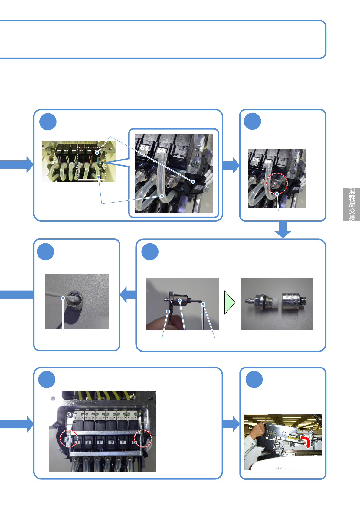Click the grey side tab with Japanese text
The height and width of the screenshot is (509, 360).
click(x=351, y=205)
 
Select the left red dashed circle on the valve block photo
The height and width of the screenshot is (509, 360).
click(x=69, y=438)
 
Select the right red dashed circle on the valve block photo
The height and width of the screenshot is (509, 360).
click(x=142, y=438)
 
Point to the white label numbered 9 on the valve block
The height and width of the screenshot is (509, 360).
click(x=100, y=442)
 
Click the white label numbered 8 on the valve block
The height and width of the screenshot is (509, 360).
click(x=88, y=442)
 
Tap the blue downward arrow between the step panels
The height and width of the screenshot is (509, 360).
click(x=283, y=229)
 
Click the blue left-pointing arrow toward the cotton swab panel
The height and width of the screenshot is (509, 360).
click(x=128, y=294)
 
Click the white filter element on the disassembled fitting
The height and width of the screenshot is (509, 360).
click(x=276, y=303)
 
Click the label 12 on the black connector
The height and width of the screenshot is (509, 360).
click(x=199, y=188)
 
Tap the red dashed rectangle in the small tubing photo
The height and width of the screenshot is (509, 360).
click(x=92, y=164)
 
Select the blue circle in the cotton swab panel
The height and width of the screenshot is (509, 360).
click(x=45, y=251)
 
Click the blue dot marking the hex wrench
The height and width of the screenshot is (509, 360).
click(x=204, y=304)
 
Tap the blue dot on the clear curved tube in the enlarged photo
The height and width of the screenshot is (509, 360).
click(x=162, y=196)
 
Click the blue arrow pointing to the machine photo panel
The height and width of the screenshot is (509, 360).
click(x=231, y=424)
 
